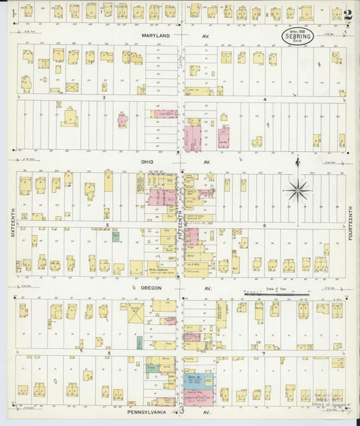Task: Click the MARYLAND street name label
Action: coord(156,35)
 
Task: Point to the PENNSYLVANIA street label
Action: coord(147,410)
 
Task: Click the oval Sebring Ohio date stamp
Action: coord(297,35)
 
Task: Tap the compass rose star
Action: coord(298,190)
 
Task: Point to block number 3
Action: coord(104,99)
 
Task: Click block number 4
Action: coord(265,99)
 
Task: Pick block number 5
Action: coord(107,224)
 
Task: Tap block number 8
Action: coord(107,352)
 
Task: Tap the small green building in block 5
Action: coord(115,237)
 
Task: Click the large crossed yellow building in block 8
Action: coord(136,313)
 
